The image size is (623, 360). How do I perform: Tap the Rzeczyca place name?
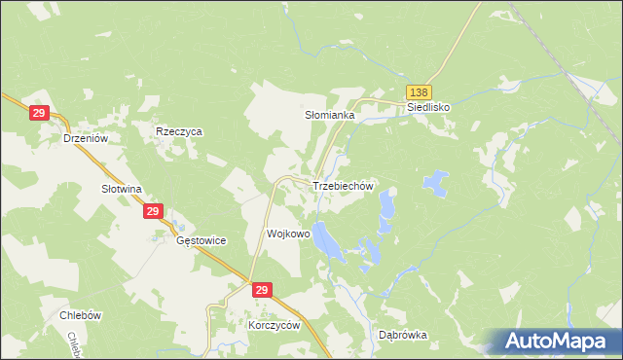[178, 130]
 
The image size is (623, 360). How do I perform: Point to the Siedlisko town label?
[429, 107]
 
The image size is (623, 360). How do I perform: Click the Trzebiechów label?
[343, 185]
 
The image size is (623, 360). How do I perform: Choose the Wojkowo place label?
[288, 234]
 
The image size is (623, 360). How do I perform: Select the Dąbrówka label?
[402, 335]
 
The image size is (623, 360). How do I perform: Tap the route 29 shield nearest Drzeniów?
[39, 114]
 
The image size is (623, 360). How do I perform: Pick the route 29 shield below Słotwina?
[152, 211]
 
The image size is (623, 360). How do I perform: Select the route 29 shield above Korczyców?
[261, 290]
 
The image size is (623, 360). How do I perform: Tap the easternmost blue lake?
[434, 182]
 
